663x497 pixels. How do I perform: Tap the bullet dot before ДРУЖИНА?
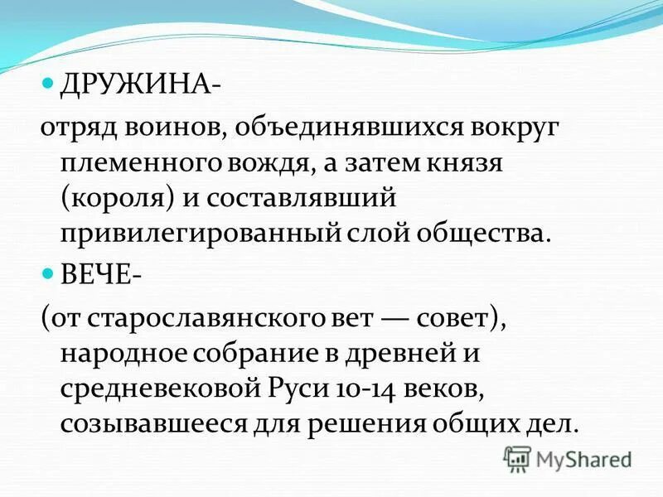click(x=48, y=84)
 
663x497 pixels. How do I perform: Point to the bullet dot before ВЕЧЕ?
click(x=48, y=273)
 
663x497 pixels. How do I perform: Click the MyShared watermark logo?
click(x=568, y=458)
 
